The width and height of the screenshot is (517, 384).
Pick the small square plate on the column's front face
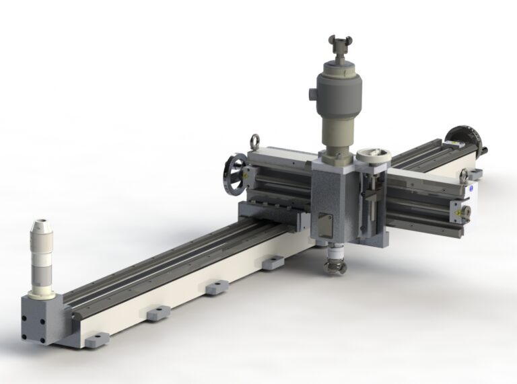326,221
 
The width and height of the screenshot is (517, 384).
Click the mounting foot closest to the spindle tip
272,263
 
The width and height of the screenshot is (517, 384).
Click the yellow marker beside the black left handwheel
248,174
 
